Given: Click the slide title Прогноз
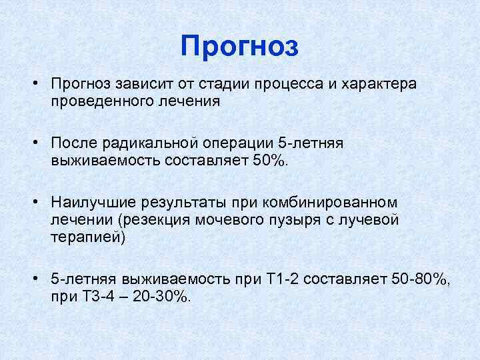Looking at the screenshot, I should (x=240, y=47).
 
